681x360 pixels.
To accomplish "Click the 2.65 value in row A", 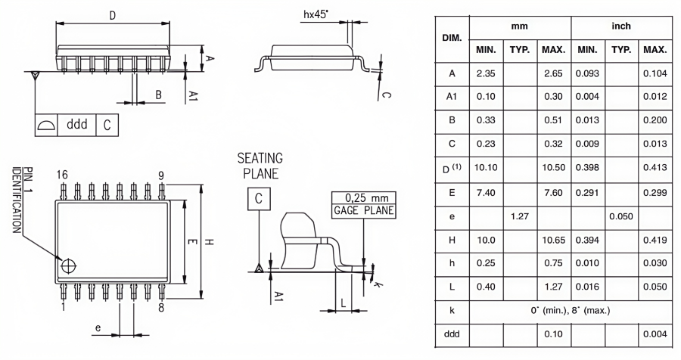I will [553, 73].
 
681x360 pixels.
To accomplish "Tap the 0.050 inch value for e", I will [621, 216].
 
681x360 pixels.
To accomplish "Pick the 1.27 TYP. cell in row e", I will [518, 216].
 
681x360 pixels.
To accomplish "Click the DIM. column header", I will [452, 37].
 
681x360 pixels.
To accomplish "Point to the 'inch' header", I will [621, 26].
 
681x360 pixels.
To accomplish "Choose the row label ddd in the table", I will [452, 334].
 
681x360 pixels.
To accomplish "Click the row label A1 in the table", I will [452, 97].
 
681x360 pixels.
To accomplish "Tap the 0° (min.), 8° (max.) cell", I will [570, 310].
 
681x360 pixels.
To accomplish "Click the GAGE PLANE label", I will [364, 210].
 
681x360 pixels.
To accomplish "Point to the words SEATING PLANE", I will [260, 166].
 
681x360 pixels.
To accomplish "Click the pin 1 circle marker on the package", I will [69, 266].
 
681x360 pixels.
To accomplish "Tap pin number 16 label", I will [64, 175].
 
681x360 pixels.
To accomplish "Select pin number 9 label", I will [161, 175].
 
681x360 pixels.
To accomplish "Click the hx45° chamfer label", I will [316, 14].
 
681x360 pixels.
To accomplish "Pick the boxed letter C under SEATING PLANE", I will [259, 199].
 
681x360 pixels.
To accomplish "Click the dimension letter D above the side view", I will [112, 14].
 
